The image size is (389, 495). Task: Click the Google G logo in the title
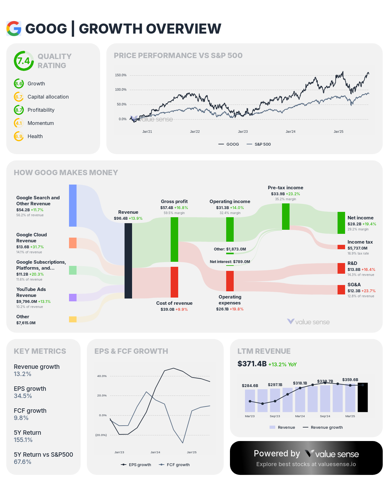[x=14, y=29]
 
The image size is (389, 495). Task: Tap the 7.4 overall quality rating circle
[x=24, y=61]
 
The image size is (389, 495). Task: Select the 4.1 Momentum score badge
[x=19, y=123]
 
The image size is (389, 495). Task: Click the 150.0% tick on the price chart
[x=120, y=75]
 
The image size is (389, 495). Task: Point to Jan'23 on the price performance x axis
[x=242, y=132]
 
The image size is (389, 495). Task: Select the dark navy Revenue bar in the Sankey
[x=128, y=261]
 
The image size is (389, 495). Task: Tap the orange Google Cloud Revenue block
[x=73, y=243]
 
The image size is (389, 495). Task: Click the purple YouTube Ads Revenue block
[x=73, y=298]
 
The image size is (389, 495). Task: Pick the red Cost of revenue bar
[x=174, y=282]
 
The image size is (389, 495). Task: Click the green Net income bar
[x=341, y=223]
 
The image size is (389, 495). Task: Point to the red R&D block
[x=341, y=268]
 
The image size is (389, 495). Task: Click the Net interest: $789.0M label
[x=230, y=262]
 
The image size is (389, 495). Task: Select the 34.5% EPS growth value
[x=23, y=396]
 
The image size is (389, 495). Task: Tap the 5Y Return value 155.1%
[x=23, y=440]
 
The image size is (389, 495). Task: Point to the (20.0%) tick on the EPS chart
[x=101, y=435]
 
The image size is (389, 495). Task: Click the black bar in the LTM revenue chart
[x=363, y=397]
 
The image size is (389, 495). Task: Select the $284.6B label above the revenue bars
[x=250, y=386]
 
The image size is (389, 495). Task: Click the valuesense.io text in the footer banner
[x=337, y=464]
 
